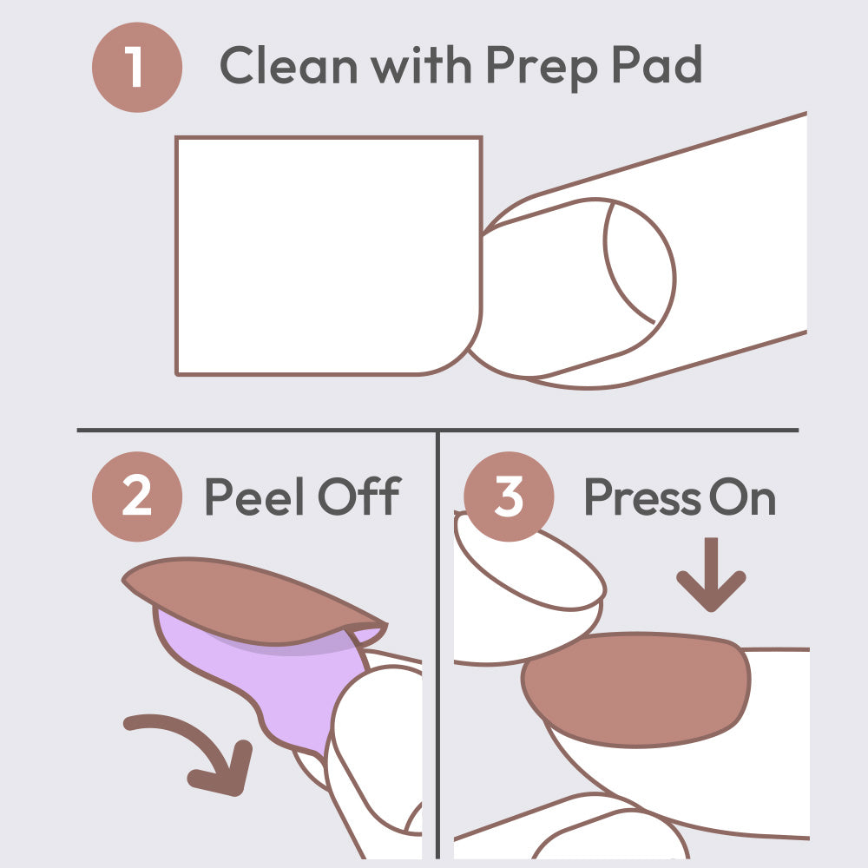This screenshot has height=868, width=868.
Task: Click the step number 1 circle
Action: pos(137,67)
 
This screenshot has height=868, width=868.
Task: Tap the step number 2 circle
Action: pos(137,496)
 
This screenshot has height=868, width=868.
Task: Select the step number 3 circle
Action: pos(509,496)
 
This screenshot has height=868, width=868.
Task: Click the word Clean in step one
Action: pos(288,65)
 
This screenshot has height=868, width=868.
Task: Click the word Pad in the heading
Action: pos(657,64)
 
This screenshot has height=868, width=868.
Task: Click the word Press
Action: pos(643,496)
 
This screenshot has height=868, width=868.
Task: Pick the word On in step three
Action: pos(742,496)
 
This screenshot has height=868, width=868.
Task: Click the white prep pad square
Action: pos(329,256)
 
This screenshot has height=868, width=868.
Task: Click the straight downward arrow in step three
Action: pos(712,575)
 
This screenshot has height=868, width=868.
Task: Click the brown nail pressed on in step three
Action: pos(636,689)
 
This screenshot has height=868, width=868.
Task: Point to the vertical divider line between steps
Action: pos(437,645)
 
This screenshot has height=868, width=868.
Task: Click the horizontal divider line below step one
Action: pos(437,430)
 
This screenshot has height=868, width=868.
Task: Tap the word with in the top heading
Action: pos(421,65)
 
